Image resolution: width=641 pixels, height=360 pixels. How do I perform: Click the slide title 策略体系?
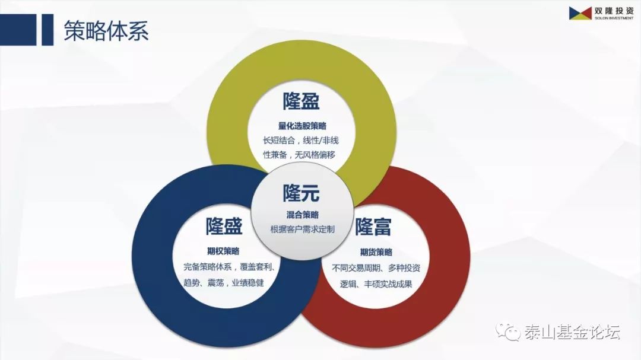[106, 30]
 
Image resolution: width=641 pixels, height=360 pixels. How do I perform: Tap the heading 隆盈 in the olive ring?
[301, 101]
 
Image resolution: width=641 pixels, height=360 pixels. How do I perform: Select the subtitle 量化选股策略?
[302, 126]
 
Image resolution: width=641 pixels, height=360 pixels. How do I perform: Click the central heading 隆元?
[301, 193]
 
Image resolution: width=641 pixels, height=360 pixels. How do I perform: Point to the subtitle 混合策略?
[302, 215]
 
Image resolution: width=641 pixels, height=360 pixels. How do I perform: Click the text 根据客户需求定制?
[302, 230]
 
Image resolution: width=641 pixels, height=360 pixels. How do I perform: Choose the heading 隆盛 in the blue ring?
[224, 226]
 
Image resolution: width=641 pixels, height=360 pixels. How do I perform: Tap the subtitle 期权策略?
[223, 251]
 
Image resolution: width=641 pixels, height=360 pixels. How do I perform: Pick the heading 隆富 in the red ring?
[372, 227]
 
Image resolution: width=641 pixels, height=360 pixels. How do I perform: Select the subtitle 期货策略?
[376, 251]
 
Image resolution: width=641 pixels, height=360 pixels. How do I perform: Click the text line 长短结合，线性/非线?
[301, 141]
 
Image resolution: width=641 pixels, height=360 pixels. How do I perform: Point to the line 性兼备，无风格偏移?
[299, 155]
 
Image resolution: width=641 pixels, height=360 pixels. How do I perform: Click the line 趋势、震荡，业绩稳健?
[224, 283]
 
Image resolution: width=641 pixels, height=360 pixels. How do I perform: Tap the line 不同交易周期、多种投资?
[376, 268]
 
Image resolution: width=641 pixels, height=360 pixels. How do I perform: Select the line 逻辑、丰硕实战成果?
[376, 284]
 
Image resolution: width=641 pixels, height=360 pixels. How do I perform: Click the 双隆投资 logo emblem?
[580, 12]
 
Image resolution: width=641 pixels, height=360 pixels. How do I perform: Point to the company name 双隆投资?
[614, 11]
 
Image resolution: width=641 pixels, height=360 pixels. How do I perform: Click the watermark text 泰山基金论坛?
[572, 332]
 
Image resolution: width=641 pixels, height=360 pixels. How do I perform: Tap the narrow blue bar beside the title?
[47, 30]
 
